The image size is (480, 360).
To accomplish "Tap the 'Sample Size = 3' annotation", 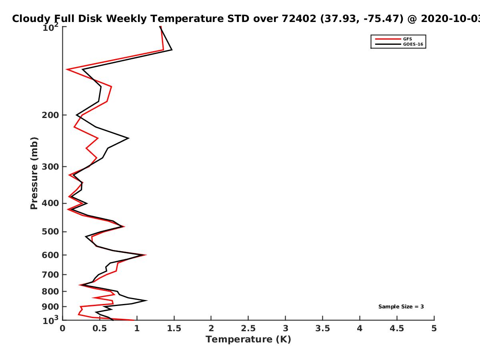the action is (x=401, y=306).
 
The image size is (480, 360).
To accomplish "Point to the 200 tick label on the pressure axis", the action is (x=50, y=115).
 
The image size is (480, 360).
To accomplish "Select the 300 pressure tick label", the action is (x=50, y=167).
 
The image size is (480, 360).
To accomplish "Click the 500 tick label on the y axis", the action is (x=50, y=232).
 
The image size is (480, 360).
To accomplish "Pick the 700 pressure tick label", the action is (x=50, y=274).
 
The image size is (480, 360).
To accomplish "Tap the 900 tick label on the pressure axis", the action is (x=50, y=307).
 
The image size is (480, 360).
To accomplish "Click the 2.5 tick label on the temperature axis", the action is (x=248, y=328).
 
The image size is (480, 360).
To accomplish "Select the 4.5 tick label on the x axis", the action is (x=397, y=328).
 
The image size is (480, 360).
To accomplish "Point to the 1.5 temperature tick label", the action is (x=174, y=328).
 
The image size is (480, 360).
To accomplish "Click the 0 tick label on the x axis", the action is (x=62, y=328).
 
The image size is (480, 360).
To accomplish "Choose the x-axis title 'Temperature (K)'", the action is (x=248, y=340).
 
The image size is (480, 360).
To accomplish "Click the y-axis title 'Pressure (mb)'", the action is (x=34, y=173).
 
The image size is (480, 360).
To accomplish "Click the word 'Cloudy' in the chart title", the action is (x=31, y=19).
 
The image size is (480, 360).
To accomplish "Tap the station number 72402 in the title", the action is (x=299, y=18).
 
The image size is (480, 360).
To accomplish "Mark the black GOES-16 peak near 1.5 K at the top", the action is (x=172, y=50).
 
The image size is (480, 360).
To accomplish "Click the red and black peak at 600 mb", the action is (x=146, y=255).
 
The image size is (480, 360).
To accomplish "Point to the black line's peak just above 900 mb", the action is (x=147, y=300).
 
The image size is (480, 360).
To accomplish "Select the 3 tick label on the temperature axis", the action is (x=285, y=328).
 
